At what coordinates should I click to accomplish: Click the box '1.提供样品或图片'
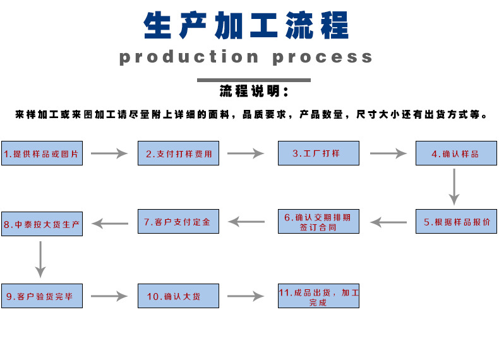[x=42, y=153]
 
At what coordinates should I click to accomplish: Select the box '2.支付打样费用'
[x=178, y=153]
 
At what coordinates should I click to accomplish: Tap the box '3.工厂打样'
[x=318, y=153]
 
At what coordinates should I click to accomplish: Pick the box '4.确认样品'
[x=456, y=153]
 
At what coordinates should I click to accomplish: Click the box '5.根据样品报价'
[x=456, y=222]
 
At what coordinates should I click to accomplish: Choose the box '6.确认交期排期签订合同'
[x=318, y=222]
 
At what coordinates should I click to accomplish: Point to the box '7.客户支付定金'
[x=178, y=222]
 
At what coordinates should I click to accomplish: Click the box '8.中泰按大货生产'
[x=42, y=224]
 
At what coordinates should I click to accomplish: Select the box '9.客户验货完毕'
[x=42, y=296]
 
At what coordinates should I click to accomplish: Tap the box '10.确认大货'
[x=178, y=296]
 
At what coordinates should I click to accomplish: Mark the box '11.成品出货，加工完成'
[x=318, y=296]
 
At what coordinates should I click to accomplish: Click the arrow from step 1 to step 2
[x=110, y=153]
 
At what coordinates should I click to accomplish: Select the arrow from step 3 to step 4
[x=388, y=153]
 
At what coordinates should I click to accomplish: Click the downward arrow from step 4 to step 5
[x=454, y=186]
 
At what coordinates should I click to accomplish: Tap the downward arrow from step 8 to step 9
[x=40, y=259]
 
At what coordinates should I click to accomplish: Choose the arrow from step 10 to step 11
[x=246, y=296]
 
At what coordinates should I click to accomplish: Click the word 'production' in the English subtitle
[x=189, y=57]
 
